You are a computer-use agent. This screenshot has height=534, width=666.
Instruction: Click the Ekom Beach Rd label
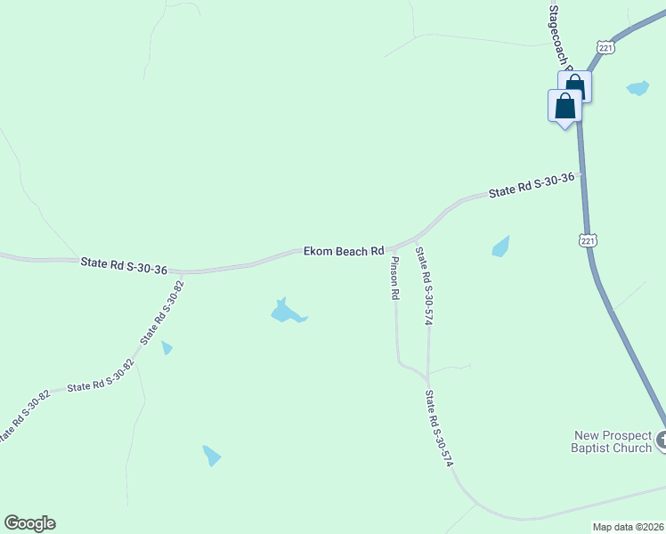[344, 252]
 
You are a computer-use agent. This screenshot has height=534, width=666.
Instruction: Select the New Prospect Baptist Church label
[613, 441]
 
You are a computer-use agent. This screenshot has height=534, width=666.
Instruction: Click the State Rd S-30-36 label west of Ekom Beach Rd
[124, 263]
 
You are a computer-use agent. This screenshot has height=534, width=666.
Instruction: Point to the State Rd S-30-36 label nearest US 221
[531, 186]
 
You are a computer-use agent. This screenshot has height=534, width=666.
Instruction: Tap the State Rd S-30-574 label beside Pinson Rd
[424, 287]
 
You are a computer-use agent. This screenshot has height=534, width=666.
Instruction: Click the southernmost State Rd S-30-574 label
[440, 429]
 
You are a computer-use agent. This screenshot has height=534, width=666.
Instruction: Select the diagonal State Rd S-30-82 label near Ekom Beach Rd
[161, 313]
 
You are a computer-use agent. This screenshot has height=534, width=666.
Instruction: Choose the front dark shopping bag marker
[564, 107]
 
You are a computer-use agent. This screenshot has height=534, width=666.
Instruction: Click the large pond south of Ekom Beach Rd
[286, 311]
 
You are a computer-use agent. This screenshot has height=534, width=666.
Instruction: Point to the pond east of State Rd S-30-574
[501, 247]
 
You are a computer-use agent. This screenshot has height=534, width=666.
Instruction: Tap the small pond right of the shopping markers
[638, 88]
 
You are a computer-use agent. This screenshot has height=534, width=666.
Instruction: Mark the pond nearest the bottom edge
[211, 456]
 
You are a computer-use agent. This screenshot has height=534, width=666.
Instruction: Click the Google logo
[29, 523]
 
